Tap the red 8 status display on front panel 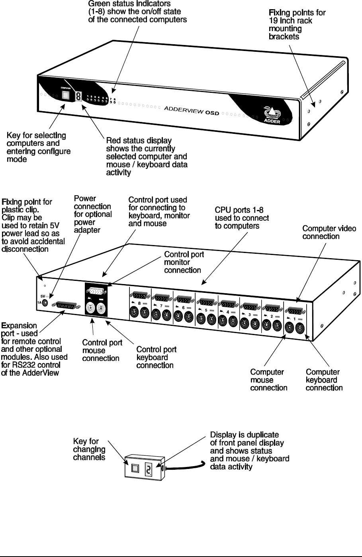pyautogui.click(x=79, y=96)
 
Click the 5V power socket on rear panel pyautogui.click(x=45, y=302)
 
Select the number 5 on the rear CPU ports pyautogui.click(x=206, y=310)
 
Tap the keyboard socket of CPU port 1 pyautogui.click(x=301, y=329)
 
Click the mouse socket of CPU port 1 pyautogui.click(x=290, y=328)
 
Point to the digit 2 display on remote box pyautogui.click(x=149, y=470)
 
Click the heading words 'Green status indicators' pyautogui.click(x=126, y=4)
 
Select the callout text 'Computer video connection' pyautogui.click(x=329, y=232)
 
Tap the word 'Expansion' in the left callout pyautogui.click(x=19, y=326)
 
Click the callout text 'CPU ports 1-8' pyautogui.click(x=242, y=210)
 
